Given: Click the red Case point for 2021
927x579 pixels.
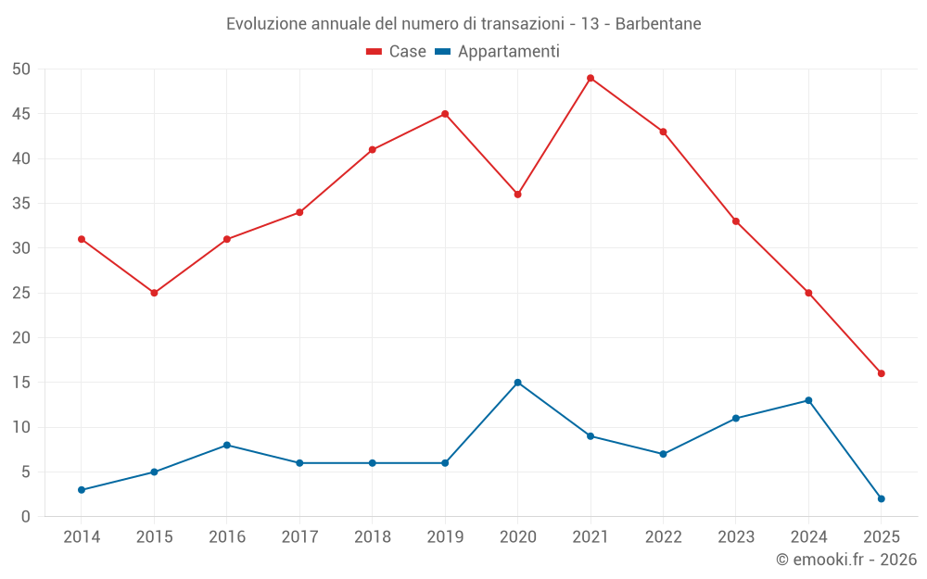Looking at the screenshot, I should pos(590,78).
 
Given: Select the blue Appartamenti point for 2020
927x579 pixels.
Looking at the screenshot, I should pos(517,383).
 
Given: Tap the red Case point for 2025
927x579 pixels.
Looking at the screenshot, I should pos(882,373).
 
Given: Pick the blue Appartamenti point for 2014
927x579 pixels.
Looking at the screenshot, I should pos(82,490).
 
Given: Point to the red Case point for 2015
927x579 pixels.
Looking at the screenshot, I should pos(154,293).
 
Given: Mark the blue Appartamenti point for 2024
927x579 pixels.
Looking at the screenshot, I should pos(808,400).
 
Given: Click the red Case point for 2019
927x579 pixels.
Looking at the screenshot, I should pos(445,114).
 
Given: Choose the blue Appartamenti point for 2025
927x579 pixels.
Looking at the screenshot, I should pos(882,498).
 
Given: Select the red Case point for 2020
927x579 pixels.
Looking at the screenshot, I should pos(517,195).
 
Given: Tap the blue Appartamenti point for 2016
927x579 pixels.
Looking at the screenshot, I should pos(227,445).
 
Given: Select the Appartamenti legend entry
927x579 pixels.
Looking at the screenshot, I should pos(498,52).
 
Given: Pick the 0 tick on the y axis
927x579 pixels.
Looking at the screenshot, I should pos(26,517).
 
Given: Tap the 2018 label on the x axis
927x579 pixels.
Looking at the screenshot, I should pos(372,536).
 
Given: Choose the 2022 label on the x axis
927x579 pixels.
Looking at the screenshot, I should pos(663,536).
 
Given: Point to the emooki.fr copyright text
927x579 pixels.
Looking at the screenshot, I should pos(846,559).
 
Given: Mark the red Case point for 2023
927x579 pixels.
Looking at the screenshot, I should pos(736,221).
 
